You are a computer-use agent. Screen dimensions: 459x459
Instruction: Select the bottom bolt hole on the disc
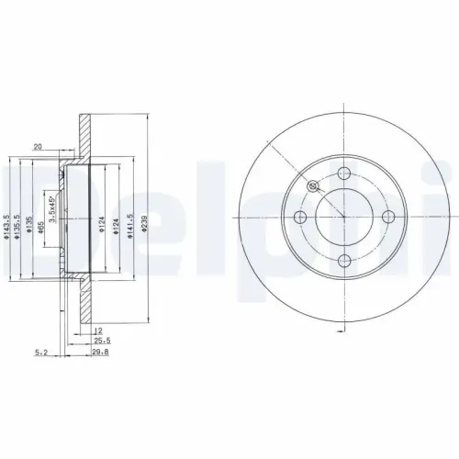pyautogui.click(x=344, y=260)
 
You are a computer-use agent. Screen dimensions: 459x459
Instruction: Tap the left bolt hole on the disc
pyautogui.click(x=301, y=217)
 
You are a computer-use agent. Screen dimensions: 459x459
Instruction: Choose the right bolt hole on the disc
pyautogui.click(x=387, y=217)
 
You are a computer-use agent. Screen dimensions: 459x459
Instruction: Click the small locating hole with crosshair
pyautogui.click(x=314, y=186)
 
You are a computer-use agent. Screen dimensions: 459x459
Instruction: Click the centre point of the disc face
pyautogui.click(x=344, y=217)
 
